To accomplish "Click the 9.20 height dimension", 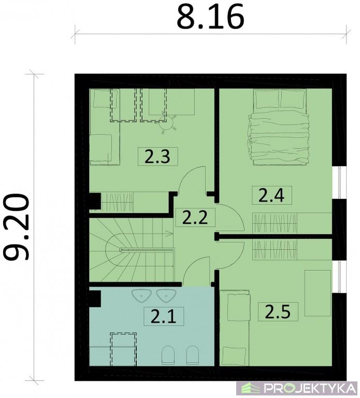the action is click(16, 227).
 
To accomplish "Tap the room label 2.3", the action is click(157, 157).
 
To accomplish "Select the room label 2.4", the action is click(272, 195).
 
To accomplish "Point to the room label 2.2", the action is click(195, 218).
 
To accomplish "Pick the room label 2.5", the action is click(278, 311).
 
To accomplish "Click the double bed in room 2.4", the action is click(279, 127).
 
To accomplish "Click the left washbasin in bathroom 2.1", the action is click(141, 296).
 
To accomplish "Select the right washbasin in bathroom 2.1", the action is click(166, 296).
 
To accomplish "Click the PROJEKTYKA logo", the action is click(298, 388).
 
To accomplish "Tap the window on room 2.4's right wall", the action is click(339, 182).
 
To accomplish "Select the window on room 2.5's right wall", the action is click(339, 276).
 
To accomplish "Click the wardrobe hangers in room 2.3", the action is click(117, 202).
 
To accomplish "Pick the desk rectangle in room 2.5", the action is click(318, 293).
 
